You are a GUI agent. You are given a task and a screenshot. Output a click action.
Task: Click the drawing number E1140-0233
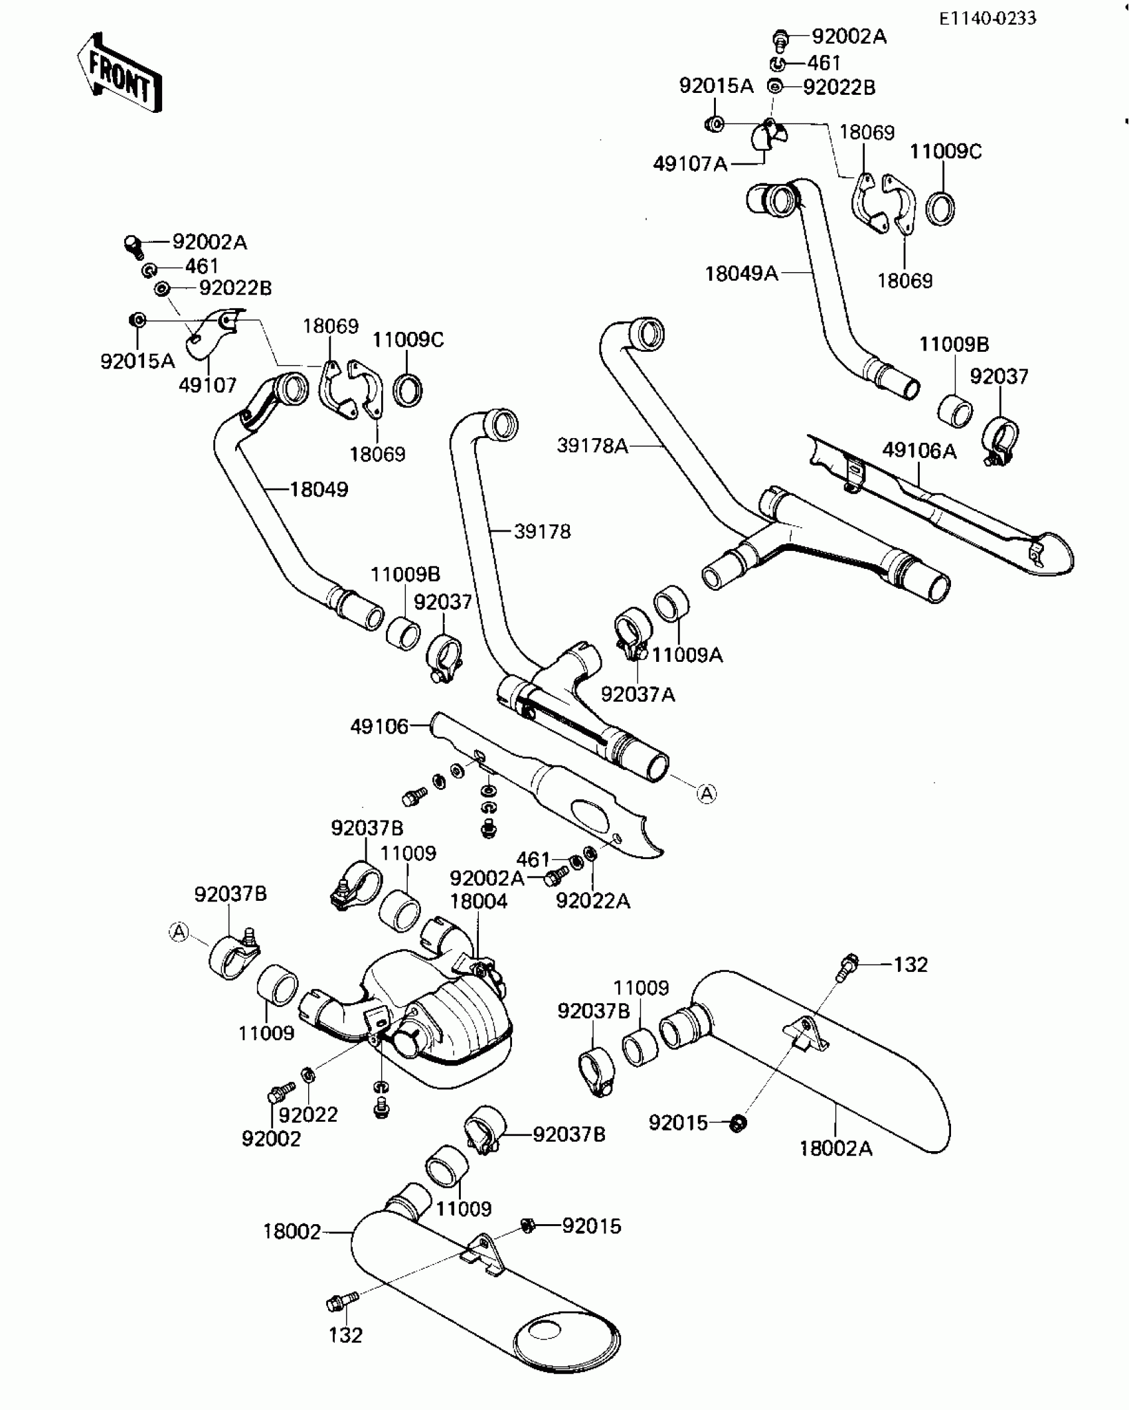(987, 18)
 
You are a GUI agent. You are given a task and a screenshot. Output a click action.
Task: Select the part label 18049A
(741, 273)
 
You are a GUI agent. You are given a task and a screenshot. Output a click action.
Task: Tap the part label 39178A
(592, 445)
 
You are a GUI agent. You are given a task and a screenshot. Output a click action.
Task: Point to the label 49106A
(919, 451)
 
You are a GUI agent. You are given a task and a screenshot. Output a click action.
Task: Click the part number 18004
(478, 901)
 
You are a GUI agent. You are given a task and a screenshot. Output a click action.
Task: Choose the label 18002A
(835, 1148)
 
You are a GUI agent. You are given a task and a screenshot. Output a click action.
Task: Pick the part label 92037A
(638, 694)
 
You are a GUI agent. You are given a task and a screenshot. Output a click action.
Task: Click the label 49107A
(690, 163)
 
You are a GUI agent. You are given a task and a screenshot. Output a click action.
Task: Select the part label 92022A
(592, 901)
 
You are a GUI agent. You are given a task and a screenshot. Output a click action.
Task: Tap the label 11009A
(687, 655)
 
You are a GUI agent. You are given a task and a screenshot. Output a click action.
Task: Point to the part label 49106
(379, 726)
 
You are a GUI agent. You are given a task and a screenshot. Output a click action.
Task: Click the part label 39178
(542, 531)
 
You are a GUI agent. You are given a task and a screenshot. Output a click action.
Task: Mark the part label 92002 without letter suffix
(271, 1139)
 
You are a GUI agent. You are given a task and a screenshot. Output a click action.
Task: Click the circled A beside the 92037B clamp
(179, 932)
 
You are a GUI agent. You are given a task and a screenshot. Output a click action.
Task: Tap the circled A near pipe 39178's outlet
(707, 793)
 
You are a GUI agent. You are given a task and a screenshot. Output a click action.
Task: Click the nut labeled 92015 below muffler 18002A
(737, 1123)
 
